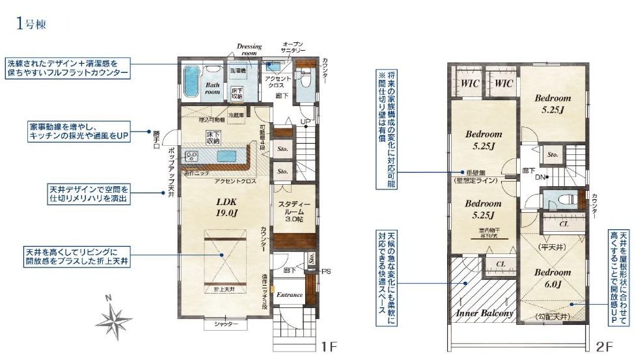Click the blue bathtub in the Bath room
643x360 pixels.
point(193,81)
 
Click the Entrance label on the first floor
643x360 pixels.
point(290,295)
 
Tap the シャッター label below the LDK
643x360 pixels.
point(226,324)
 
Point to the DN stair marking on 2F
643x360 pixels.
point(539,176)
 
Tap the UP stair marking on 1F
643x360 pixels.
point(305,122)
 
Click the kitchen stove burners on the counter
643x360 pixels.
point(193,156)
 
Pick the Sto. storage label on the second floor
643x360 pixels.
point(553,155)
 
